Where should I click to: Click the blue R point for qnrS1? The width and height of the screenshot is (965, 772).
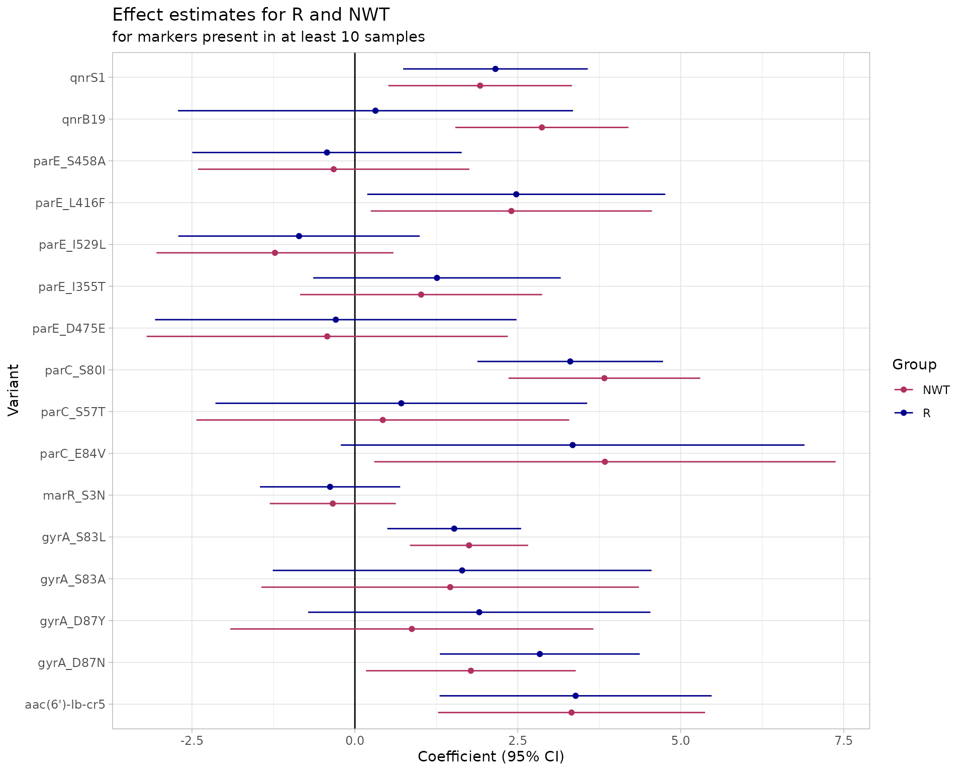click(x=495, y=69)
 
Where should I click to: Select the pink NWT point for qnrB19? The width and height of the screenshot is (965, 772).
click(x=542, y=128)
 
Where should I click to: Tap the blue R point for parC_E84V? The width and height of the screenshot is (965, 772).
click(x=572, y=445)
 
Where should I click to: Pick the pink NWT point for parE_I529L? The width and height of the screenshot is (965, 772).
click(x=275, y=253)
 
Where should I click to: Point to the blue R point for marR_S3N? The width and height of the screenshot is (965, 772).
click(x=330, y=487)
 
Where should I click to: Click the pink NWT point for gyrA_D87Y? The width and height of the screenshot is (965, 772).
click(x=412, y=629)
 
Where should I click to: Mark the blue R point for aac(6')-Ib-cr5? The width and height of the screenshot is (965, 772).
click(x=575, y=696)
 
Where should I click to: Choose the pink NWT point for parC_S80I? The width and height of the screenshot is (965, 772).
click(x=604, y=378)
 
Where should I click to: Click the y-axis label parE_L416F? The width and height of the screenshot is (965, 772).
click(x=70, y=203)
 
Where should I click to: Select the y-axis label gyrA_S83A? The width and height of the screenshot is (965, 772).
click(x=73, y=580)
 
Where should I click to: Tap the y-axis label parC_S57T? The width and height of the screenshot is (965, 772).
click(x=73, y=412)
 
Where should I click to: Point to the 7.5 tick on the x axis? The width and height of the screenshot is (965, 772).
click(x=843, y=741)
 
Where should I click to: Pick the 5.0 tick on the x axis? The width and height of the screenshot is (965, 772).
click(x=681, y=741)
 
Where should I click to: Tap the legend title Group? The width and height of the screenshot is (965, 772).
click(x=914, y=365)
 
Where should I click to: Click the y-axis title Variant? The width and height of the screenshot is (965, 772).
click(x=14, y=390)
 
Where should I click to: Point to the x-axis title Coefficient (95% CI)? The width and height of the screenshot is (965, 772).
click(x=491, y=757)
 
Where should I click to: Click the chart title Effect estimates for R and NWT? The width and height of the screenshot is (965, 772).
click(x=251, y=15)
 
